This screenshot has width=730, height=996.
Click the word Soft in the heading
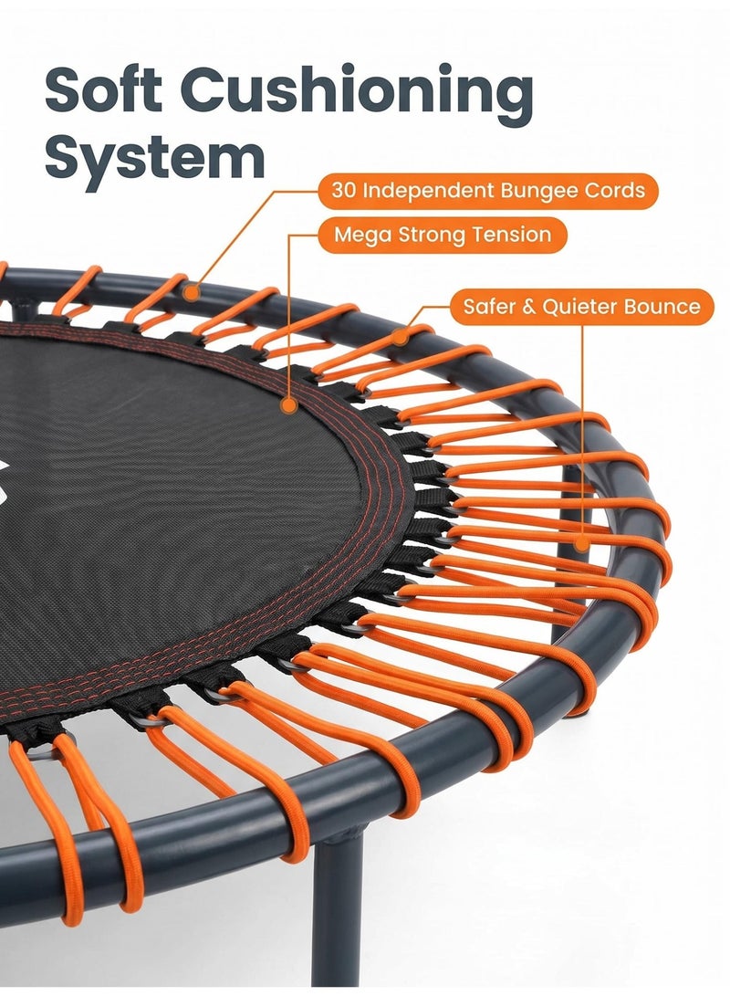[102, 90]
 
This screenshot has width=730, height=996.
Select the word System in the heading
[154, 159]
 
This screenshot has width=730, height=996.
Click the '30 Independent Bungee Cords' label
[487, 191]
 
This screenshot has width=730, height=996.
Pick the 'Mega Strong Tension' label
[443, 235]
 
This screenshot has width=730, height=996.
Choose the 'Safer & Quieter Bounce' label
[581, 307]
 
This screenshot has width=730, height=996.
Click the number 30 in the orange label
[344, 191]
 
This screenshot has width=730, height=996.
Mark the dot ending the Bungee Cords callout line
[191, 293]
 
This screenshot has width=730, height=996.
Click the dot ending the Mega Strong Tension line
[289, 404]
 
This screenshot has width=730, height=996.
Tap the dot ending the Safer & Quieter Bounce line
[582, 544]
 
